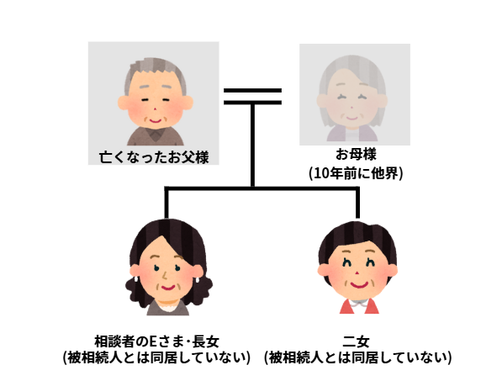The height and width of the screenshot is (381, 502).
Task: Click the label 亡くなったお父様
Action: point(154,157)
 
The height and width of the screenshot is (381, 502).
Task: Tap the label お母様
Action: point(356,154)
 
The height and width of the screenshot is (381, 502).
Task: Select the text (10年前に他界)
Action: point(356,173)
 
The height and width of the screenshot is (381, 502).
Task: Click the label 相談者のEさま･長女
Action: point(156,341)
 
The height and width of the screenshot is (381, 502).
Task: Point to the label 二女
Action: point(356,341)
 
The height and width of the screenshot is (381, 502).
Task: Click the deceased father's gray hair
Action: point(156,69)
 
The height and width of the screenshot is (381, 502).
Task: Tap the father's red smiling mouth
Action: point(156,121)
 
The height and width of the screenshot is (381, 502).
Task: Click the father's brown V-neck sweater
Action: point(156,136)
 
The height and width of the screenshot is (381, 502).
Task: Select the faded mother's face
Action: point(352,103)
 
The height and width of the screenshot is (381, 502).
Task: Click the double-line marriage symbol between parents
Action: point(252,97)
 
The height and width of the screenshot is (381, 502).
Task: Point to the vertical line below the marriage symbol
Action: point(252,146)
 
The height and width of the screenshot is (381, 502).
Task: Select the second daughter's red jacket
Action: point(359,306)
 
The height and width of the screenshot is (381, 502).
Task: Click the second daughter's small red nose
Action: point(357,273)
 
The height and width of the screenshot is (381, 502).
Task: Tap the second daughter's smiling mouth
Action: point(358,284)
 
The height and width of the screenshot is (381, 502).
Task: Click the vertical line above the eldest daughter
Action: point(166,204)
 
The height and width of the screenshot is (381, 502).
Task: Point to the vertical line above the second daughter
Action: point(357,204)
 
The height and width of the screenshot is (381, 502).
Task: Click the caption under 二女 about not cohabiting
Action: point(358,357)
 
